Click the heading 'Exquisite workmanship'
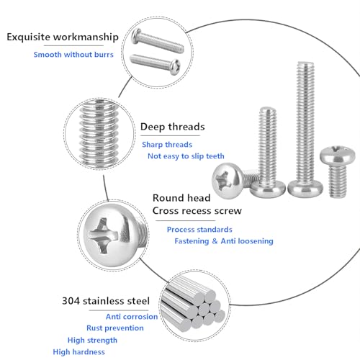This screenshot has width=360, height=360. click(63, 37)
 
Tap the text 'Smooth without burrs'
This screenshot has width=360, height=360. click(73, 55)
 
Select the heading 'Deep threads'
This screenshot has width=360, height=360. click(173, 127)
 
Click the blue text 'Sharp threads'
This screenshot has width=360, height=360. click(167, 145)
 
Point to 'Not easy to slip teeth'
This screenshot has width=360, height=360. click(186, 156)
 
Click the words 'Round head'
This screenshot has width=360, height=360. click(181, 198)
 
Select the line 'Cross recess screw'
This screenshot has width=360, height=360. click(197, 211)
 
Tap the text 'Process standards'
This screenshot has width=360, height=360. click(199, 230)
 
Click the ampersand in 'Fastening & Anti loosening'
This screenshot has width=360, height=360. click(215, 241)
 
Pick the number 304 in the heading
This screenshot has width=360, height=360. click(71, 301)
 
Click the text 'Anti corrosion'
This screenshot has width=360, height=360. click(132, 317)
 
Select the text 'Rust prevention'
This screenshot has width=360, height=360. click(115, 328)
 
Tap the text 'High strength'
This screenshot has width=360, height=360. click(92, 341)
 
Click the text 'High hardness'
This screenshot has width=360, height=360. click(79, 352)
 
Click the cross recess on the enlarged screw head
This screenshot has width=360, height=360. click(103, 235)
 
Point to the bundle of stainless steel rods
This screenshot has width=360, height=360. click(192, 305)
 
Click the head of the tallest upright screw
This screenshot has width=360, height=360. click(305, 189)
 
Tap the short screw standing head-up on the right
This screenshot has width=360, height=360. click(338, 171)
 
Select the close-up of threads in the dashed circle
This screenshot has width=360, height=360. click(99, 133)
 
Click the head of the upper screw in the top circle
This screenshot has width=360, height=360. click(136, 36)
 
